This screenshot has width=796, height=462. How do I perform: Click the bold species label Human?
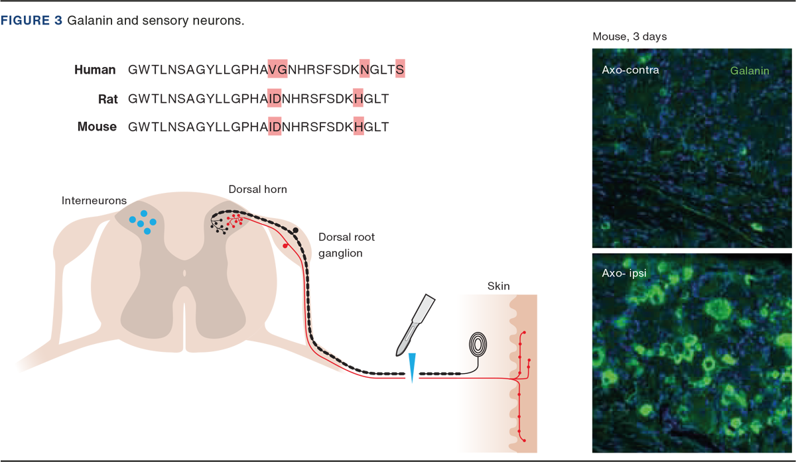95,70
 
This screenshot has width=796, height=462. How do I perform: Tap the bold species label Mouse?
97,127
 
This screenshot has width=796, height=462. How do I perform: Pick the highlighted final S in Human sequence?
400,70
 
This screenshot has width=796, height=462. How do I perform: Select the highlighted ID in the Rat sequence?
275,99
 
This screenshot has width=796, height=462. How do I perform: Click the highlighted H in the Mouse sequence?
358,127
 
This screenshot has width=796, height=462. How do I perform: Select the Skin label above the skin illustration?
499,286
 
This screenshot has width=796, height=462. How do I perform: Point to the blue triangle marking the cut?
412,367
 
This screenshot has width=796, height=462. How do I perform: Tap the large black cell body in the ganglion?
295,231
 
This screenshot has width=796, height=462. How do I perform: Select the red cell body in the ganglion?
286,246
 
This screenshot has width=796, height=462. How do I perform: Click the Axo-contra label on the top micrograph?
630,70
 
